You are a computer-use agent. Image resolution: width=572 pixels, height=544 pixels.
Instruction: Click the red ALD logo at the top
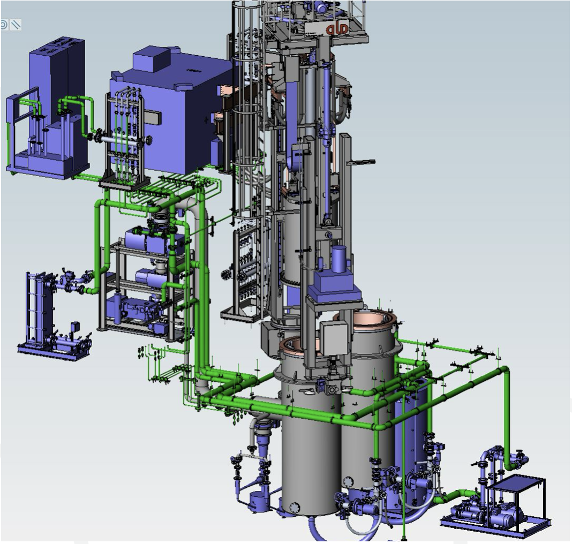tap(337, 28)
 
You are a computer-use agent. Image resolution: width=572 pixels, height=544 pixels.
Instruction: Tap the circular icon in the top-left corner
tap(4, 25)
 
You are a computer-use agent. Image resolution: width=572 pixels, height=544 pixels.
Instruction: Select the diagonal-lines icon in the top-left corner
tap(16, 25)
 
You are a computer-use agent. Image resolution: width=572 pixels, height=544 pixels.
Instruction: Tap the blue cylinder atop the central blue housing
tap(339, 259)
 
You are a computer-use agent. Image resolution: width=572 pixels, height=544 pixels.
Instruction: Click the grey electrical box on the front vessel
tap(334, 338)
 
